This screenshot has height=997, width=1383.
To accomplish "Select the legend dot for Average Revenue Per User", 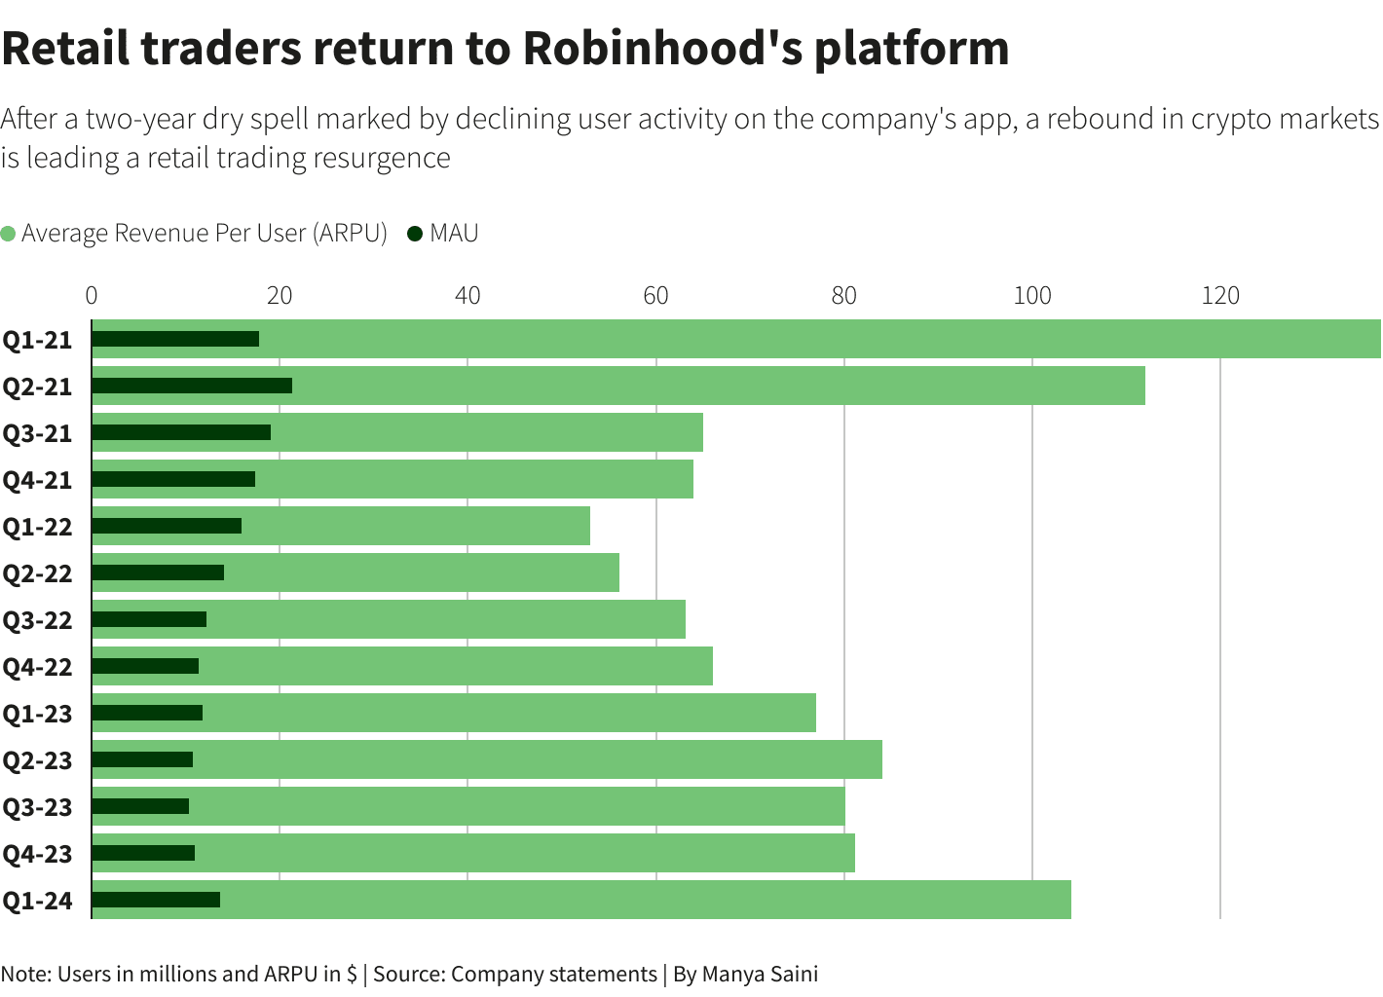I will pos(9,234).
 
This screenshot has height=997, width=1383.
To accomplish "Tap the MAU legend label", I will pos(454,234).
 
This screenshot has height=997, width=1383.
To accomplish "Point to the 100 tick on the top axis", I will pos(1032,295).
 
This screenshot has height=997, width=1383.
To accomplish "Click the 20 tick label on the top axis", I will pos(280,295).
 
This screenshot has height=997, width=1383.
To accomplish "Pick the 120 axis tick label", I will pos(1220,295).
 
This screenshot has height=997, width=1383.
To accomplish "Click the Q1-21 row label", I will pos(38,340).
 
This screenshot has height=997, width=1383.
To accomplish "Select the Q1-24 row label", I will pos(38,901).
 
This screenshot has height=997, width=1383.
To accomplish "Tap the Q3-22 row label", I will pos(38,620).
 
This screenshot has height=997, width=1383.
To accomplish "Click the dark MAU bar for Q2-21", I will pos(192,386).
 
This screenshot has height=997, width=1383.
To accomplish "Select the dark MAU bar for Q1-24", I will pos(156,900).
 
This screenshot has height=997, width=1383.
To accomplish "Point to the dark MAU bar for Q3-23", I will pos(140,806).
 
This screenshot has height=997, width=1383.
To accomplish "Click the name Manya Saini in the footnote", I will pos(760,974).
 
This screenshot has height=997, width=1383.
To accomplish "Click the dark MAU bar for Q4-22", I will pos(145,666).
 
